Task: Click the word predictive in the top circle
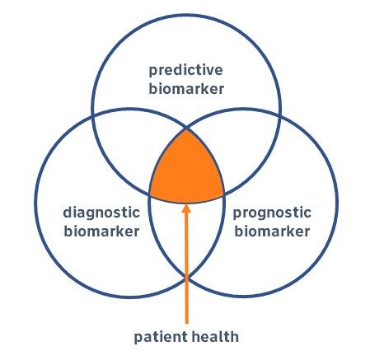185,71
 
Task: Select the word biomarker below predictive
186,89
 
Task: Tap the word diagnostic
101,213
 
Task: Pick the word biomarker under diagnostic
101,231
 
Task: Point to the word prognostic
272,213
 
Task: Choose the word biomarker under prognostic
272,231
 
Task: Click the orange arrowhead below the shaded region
186,208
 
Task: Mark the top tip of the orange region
186,129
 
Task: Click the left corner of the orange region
150,194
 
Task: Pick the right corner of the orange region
223,194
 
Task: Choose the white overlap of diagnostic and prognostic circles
186,236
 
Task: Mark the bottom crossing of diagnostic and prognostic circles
186,278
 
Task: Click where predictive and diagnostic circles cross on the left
92,115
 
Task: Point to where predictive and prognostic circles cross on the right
280,115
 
